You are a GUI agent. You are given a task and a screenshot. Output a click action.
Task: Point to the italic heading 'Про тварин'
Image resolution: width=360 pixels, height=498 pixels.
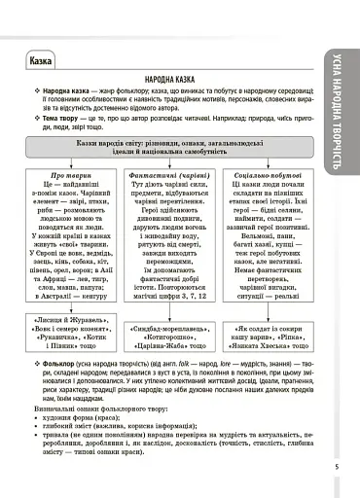pos(69,173)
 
